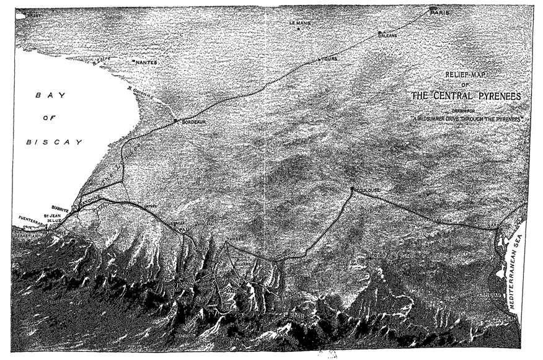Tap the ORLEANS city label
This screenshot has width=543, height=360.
[x=387, y=35]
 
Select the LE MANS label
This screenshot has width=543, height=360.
[x=299, y=23]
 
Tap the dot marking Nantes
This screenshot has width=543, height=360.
[x=134, y=61]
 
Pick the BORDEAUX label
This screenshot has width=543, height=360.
[x=193, y=122]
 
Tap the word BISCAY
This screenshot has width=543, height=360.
[x=54, y=142]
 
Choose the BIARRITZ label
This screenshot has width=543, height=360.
[x=61, y=209]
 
